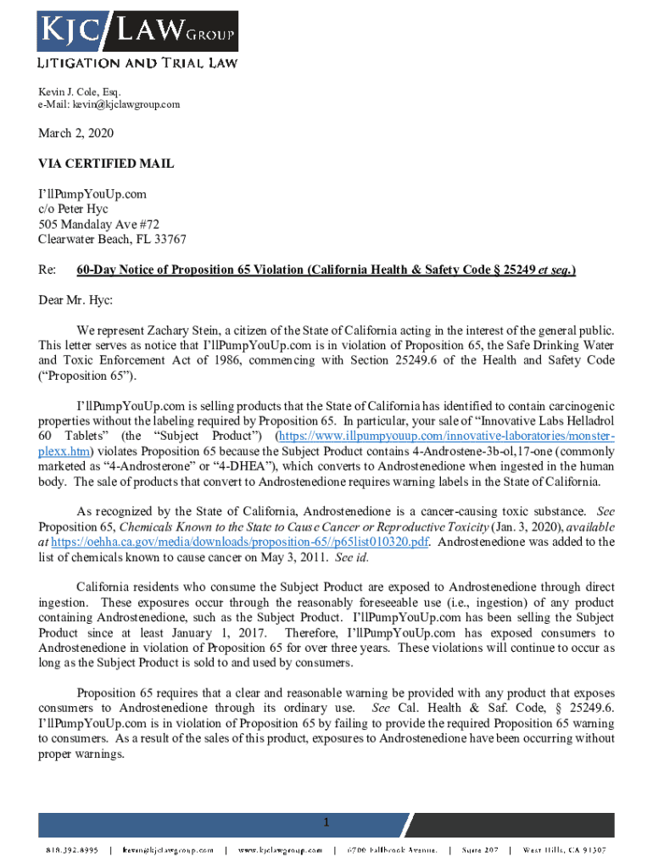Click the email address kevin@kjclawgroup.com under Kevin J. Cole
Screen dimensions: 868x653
109,104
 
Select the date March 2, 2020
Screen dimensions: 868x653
75,134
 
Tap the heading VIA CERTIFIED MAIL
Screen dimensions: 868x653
106,164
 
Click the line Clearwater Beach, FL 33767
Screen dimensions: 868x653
112,239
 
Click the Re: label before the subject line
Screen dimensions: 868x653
47,270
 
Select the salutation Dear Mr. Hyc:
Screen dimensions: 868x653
75,299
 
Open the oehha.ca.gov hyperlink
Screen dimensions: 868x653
240,542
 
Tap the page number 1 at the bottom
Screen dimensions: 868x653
326,823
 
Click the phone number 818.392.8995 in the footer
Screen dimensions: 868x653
70,849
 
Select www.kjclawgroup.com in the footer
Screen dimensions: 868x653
280,849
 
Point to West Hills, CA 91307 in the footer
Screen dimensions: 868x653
565,849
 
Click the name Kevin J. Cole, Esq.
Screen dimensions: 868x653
80,91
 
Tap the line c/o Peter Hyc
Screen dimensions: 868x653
73,209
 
